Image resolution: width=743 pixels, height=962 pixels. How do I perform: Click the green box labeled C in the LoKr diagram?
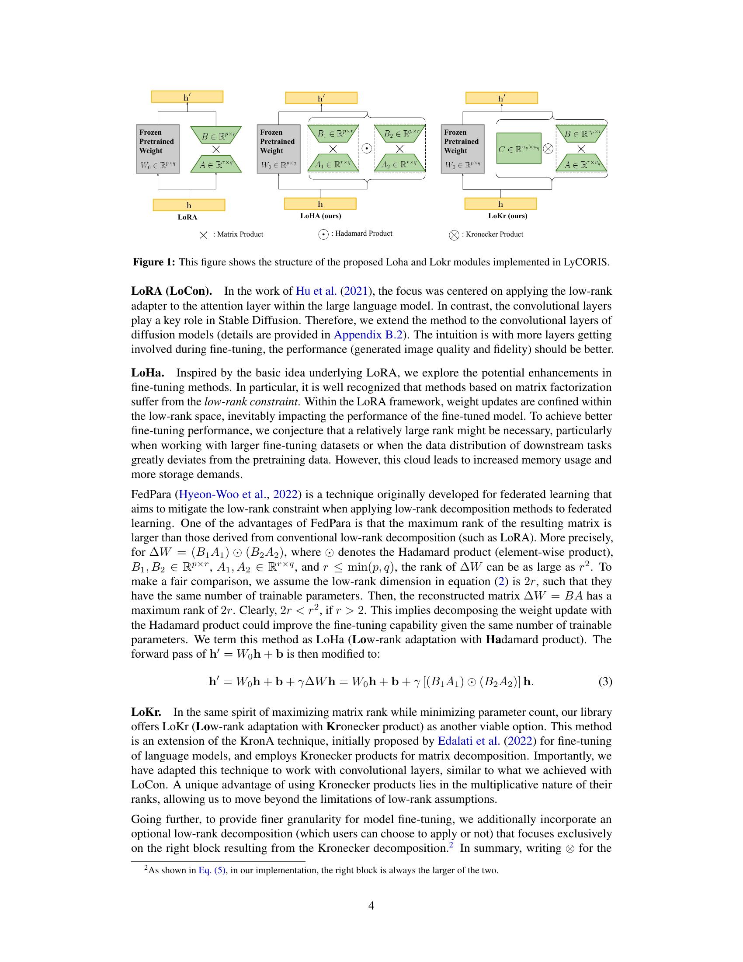point(518,149)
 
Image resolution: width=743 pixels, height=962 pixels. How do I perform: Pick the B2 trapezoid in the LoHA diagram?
point(399,134)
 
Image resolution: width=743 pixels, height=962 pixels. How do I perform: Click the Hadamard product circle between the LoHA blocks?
point(366,149)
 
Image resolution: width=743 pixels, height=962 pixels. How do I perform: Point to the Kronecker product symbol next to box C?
point(548,149)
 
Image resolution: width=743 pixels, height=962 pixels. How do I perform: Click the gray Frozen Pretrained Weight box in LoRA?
point(158,149)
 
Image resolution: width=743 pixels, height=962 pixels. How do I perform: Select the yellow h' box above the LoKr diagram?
point(501,98)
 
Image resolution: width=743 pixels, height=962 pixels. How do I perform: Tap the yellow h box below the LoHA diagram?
point(320,203)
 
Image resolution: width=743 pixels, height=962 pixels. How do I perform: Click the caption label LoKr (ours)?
point(507,216)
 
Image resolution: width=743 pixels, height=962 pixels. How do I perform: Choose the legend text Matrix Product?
point(240,234)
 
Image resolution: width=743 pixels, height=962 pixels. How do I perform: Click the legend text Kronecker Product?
point(494,234)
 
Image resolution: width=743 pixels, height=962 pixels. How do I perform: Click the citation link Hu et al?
point(316,291)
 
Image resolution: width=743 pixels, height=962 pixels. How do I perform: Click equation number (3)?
point(605,682)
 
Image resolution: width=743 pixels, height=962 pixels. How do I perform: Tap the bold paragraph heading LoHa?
point(147,373)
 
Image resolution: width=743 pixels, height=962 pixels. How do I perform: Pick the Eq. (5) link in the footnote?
point(212,870)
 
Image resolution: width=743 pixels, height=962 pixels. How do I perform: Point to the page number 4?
point(371,906)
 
